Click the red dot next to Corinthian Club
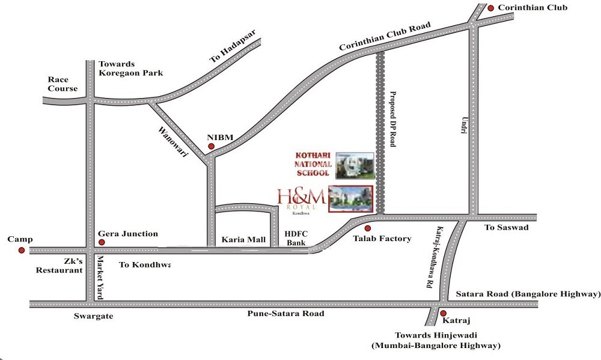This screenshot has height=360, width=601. click(491, 8)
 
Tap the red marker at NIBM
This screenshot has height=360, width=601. click(211, 146)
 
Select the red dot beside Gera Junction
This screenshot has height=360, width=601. click(102, 242)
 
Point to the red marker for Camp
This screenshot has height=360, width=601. click(21, 250)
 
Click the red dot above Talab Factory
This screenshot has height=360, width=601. click(368, 228)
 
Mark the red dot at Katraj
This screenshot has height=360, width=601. click(443, 313)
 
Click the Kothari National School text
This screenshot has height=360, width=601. click(313, 164)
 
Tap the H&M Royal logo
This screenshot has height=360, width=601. click(302, 199)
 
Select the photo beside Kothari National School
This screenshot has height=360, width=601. click(355, 165)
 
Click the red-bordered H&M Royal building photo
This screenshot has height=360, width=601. click(350, 199)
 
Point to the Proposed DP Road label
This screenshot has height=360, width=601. click(394, 119)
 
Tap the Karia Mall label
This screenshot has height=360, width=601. click(243, 239)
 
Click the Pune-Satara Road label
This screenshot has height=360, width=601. click(285, 314)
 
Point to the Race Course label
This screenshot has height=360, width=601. click(63, 84)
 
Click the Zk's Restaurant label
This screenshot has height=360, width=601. click(59, 266)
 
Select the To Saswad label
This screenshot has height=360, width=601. click(506, 228)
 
